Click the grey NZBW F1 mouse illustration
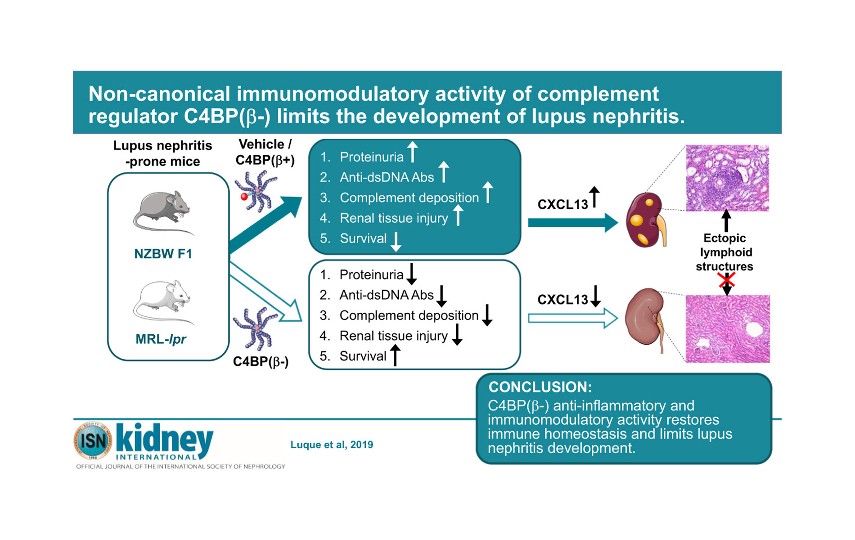162,211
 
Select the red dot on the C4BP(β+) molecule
244,197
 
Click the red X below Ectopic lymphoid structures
726,281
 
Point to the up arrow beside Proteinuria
412,152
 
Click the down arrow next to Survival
396,242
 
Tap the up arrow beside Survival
395,355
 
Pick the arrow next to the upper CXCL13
594,197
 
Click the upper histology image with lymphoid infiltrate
727,178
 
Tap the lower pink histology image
727,328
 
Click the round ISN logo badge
93,441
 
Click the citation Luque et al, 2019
332,445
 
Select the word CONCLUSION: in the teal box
540,387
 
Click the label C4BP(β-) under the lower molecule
261,362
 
